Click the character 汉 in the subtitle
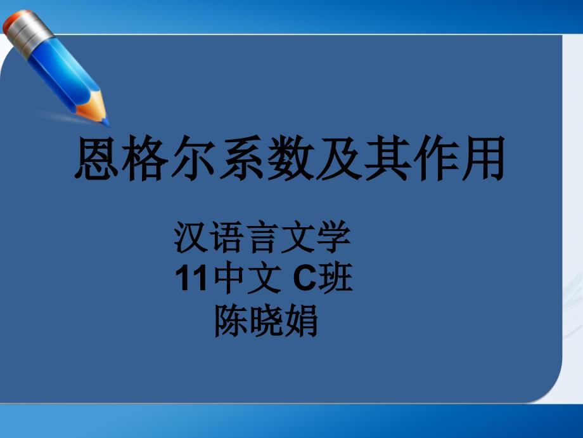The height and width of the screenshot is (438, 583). click(x=191, y=237)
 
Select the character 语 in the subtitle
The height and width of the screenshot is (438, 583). click(x=227, y=237)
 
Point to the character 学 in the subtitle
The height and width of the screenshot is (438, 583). click(x=333, y=237)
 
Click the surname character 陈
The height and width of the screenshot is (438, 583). click(x=232, y=321)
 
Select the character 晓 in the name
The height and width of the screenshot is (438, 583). click(x=266, y=321)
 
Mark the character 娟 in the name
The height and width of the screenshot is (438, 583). click(x=300, y=321)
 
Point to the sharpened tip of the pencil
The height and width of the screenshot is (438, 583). click(x=106, y=122)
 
